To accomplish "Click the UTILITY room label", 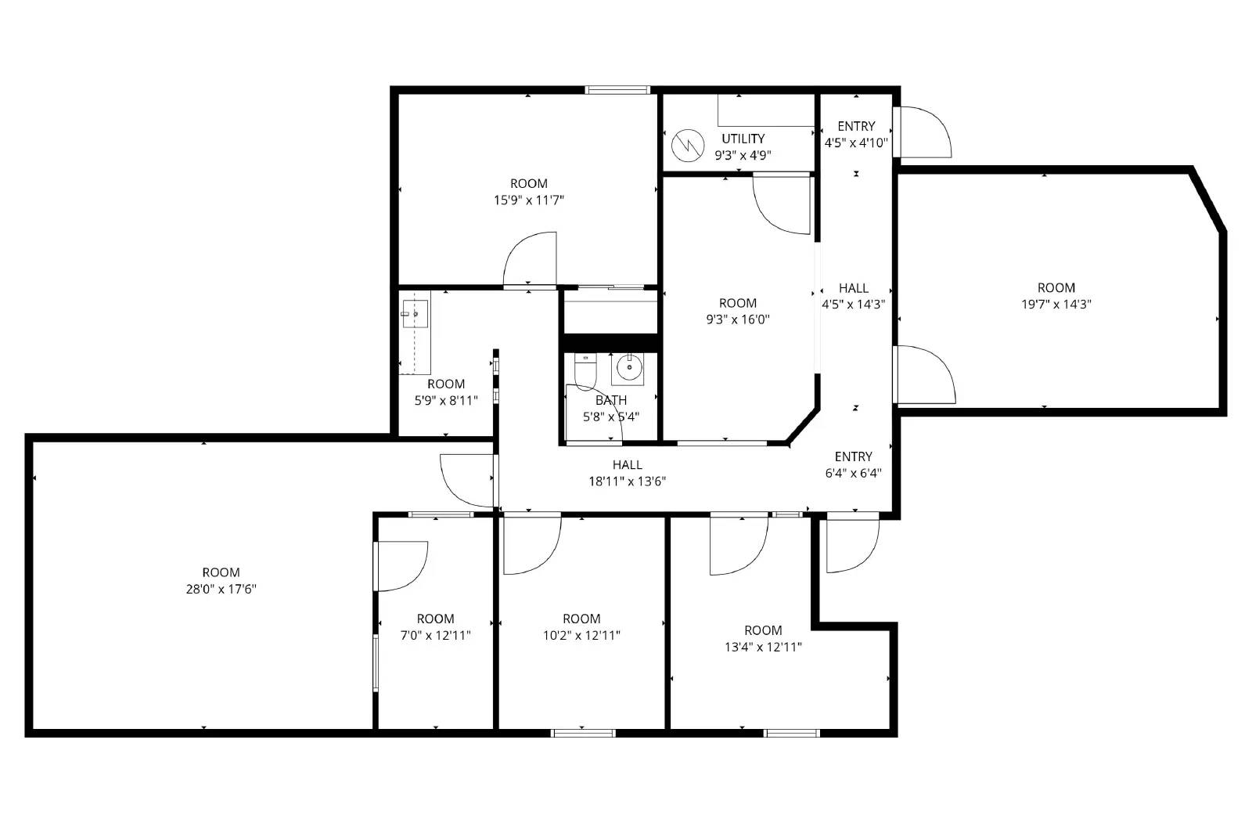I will click(743, 139).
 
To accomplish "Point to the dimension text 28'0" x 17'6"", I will click(221, 589).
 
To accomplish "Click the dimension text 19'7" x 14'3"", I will click(1056, 304).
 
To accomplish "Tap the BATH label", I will click(610, 400).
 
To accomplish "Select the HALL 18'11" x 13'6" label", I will click(627, 473).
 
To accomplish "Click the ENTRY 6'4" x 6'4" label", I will click(853, 464).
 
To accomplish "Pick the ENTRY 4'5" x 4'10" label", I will click(856, 134).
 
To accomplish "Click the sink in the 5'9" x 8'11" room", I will click(415, 314).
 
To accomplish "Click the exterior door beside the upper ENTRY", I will click(921, 132).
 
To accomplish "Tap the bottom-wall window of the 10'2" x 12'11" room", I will click(582, 733).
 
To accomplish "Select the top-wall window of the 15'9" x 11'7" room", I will click(618, 90).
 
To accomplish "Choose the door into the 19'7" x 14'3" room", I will click(923, 374).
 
